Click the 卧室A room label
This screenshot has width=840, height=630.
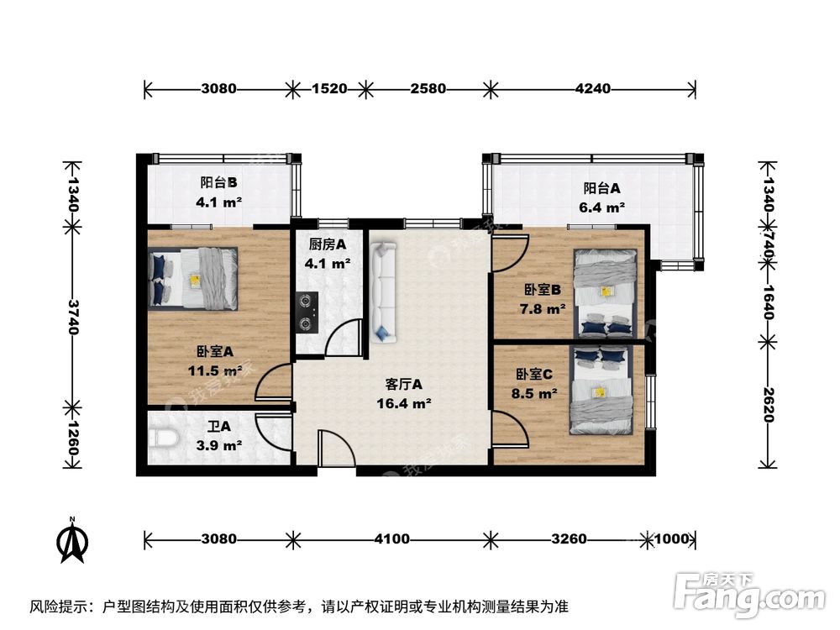[215, 351]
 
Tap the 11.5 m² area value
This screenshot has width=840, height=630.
[215, 370]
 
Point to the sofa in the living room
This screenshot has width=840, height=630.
[382, 292]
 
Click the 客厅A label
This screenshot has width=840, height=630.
[404, 384]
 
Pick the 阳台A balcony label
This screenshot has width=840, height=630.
[601, 188]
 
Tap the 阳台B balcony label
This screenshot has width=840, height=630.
[218, 182]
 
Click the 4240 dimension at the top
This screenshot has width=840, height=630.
[592, 88]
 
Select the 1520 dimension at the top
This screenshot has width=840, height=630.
[329, 88]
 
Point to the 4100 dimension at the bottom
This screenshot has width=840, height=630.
[392, 538]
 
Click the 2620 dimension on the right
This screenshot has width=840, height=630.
[768, 404]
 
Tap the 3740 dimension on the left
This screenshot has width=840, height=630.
[72, 317]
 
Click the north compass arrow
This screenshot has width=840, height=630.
[72, 540]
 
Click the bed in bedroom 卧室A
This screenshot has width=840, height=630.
[193, 279]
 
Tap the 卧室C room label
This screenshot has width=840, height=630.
[534, 374]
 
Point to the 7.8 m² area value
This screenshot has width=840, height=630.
[543, 309]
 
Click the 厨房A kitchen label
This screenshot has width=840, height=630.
[328, 244]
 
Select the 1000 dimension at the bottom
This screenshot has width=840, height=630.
[671, 538]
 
